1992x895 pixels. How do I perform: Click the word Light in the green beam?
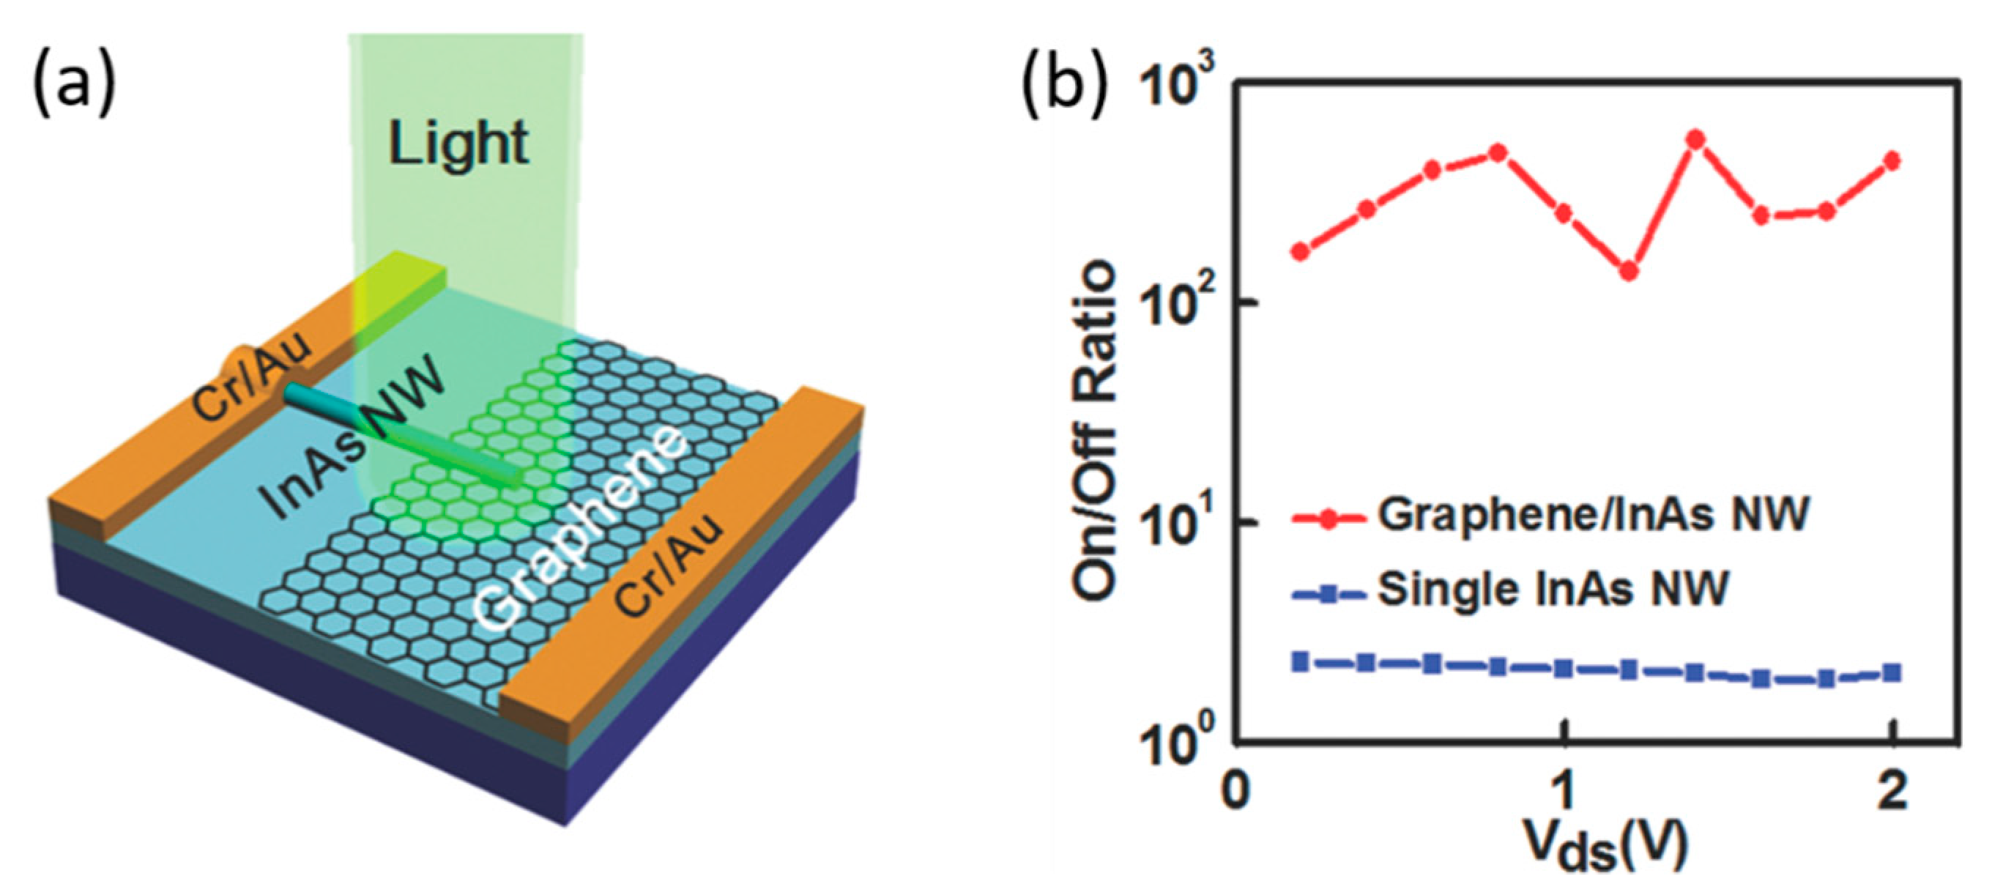(458, 145)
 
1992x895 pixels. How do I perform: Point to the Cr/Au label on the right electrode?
(669, 565)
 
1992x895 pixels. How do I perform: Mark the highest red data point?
(1695, 140)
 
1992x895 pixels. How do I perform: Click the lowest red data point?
(1629, 272)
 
